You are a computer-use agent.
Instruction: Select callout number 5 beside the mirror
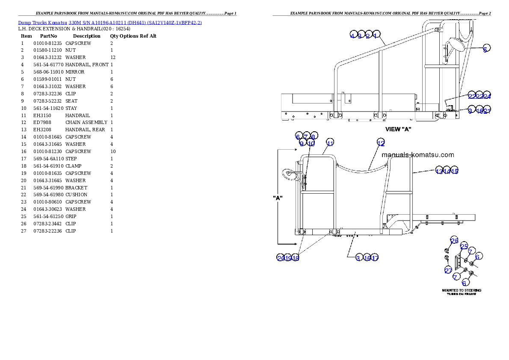click(486, 48)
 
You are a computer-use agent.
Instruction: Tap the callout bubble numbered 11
click(330, 142)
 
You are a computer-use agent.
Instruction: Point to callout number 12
click(381, 142)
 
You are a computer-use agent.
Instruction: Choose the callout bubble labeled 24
click(487, 95)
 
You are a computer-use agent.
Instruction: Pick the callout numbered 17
click(375, 257)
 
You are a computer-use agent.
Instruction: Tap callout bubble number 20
click(281, 257)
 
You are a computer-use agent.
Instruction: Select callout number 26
click(454, 240)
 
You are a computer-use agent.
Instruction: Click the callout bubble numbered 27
click(448, 270)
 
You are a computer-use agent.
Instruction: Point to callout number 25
click(464, 246)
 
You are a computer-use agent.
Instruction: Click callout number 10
click(311, 143)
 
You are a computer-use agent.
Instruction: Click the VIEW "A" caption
click(399, 129)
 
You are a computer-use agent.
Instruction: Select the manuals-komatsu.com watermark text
click(417, 155)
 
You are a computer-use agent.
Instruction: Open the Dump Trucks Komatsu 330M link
click(110, 22)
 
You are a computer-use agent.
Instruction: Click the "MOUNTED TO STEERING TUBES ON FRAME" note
click(461, 292)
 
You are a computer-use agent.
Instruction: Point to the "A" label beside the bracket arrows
click(278, 198)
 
